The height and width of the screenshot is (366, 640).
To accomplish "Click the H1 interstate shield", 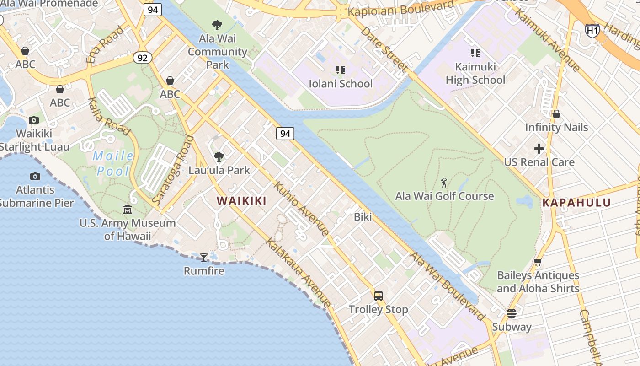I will (592, 31).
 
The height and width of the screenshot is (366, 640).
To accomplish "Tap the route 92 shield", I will (143, 58).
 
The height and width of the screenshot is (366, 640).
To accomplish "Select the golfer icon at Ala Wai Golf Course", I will (444, 183).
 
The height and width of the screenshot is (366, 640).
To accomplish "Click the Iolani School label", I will (341, 84).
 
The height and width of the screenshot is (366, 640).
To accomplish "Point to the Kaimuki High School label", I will (475, 74).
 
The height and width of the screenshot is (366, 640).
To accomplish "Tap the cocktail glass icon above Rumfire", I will (204, 257).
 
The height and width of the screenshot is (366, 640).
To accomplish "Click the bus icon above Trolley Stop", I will (379, 296).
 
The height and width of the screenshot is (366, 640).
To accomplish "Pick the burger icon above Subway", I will (512, 313).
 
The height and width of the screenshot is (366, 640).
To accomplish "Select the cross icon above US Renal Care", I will (539, 149).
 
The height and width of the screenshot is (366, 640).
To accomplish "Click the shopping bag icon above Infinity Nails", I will (556, 114).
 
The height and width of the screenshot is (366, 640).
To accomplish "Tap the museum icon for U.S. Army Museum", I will (128, 210).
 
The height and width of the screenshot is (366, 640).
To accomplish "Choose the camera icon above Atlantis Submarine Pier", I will (35, 176).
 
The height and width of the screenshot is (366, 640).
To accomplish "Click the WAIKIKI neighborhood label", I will (241, 201).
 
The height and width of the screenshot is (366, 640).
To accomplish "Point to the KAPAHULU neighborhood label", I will (576, 203).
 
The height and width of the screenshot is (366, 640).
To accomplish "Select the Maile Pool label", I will (113, 163).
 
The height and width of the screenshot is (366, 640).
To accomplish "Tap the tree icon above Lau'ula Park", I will (219, 157).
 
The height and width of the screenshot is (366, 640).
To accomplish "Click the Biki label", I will (363, 217).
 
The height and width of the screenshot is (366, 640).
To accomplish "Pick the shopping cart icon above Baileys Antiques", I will (538, 262).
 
